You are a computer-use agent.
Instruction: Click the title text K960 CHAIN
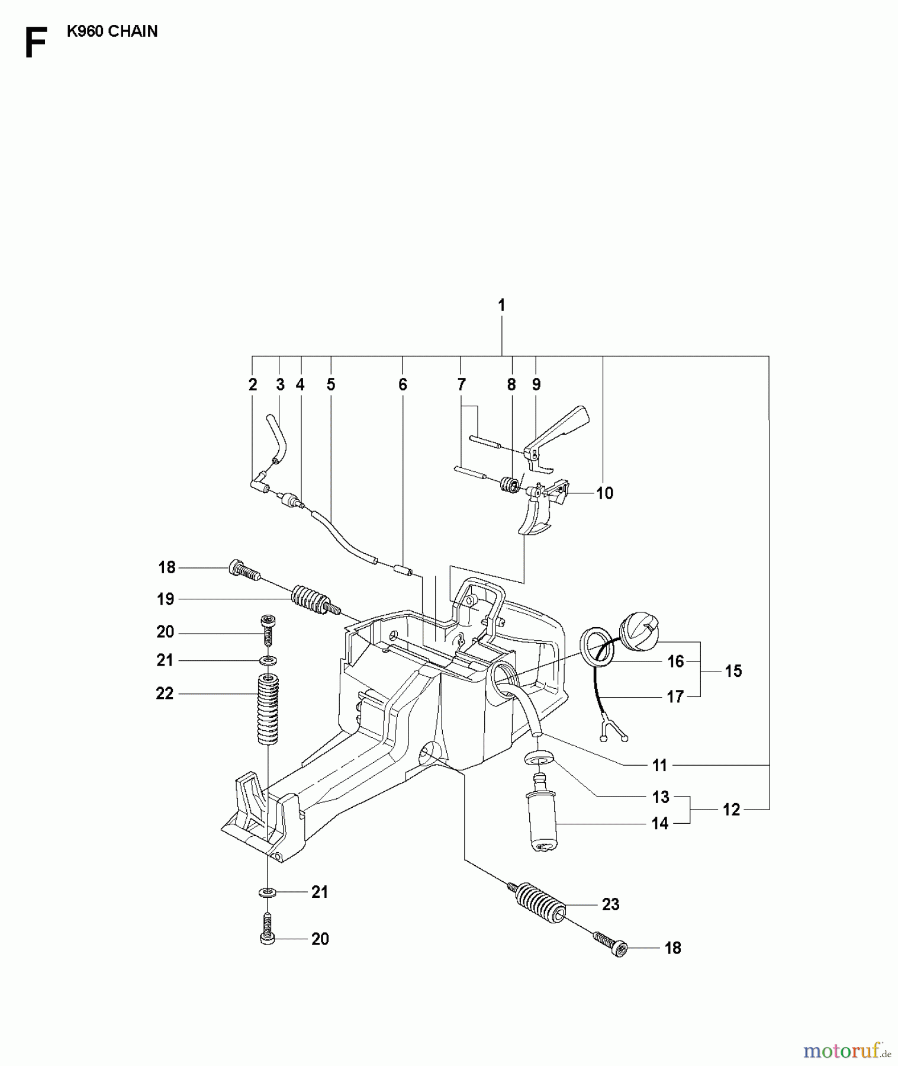point(112,31)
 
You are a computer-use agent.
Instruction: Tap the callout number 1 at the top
point(501,306)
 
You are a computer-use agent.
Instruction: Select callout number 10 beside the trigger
point(604,493)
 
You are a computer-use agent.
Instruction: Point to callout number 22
point(165,693)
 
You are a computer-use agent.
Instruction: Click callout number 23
point(610,904)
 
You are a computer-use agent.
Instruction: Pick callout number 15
point(733,671)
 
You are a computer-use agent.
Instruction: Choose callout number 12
point(732,810)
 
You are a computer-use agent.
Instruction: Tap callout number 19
point(166,599)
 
